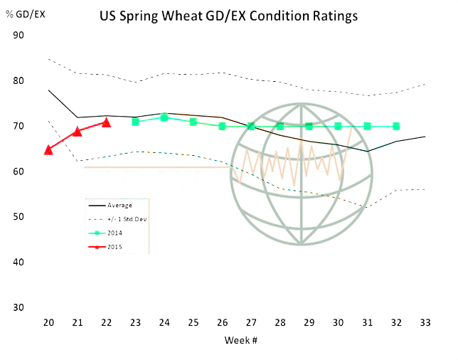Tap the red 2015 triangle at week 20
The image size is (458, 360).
click(x=48, y=149)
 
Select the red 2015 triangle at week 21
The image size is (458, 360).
click(x=78, y=132)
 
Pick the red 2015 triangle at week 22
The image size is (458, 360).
click(x=106, y=122)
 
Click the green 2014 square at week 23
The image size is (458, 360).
click(x=135, y=122)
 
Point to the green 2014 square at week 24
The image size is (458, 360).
click(x=164, y=117)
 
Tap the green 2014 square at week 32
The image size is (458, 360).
click(x=395, y=126)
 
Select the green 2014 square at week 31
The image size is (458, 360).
click(x=367, y=126)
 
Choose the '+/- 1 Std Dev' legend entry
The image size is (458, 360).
click(x=123, y=218)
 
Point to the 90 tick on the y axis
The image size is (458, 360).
click(x=18, y=35)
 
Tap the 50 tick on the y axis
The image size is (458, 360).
click(x=18, y=216)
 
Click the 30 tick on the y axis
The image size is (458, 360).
click(x=18, y=307)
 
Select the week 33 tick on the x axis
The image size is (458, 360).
click(x=425, y=323)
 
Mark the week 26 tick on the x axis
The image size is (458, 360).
click(x=222, y=323)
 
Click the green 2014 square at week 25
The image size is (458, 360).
click(x=193, y=122)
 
